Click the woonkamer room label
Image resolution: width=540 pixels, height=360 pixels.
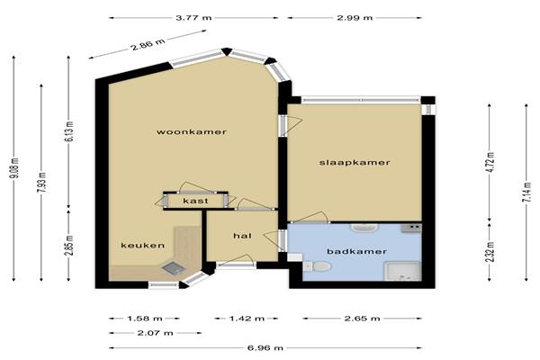tap(192, 132)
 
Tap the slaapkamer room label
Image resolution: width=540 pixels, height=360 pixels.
tap(355, 163)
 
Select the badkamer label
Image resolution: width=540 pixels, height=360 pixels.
tap(356, 251)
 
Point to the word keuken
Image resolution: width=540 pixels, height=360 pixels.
tap(142, 246)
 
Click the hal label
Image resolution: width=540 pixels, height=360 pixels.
tap(242, 236)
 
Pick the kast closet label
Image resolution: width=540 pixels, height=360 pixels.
tap(195, 201)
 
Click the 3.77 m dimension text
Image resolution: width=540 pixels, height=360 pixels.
tap(193, 18)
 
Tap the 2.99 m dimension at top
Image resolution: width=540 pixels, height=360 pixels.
tap(355, 18)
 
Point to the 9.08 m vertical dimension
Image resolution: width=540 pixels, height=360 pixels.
tap(14, 168)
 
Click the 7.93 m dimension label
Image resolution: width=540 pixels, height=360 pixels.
tap(42, 183)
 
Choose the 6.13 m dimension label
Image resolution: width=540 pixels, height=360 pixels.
tap(69, 131)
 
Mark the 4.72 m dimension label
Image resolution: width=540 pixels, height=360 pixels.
tap(490, 162)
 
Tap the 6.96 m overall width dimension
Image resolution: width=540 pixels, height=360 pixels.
tap(265, 348)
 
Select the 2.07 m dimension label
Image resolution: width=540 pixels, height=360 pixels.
tap(155, 333)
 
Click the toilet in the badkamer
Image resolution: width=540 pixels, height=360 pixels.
tap(318, 266)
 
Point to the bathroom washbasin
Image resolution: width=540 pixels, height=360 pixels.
tap(364, 228)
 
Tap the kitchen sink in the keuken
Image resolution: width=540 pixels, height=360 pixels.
tap(173, 268)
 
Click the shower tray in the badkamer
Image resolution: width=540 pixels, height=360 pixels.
tap(403, 272)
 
